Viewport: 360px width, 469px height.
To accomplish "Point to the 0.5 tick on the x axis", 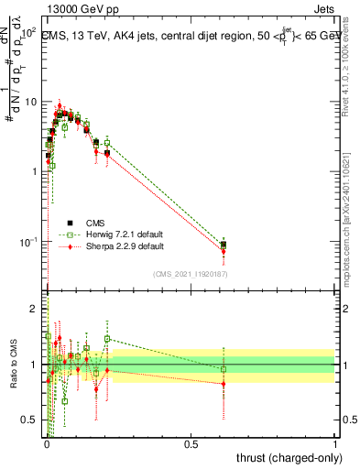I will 191,445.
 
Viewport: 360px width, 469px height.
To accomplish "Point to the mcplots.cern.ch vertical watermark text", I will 351,202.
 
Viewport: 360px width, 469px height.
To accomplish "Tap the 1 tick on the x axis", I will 334,445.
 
